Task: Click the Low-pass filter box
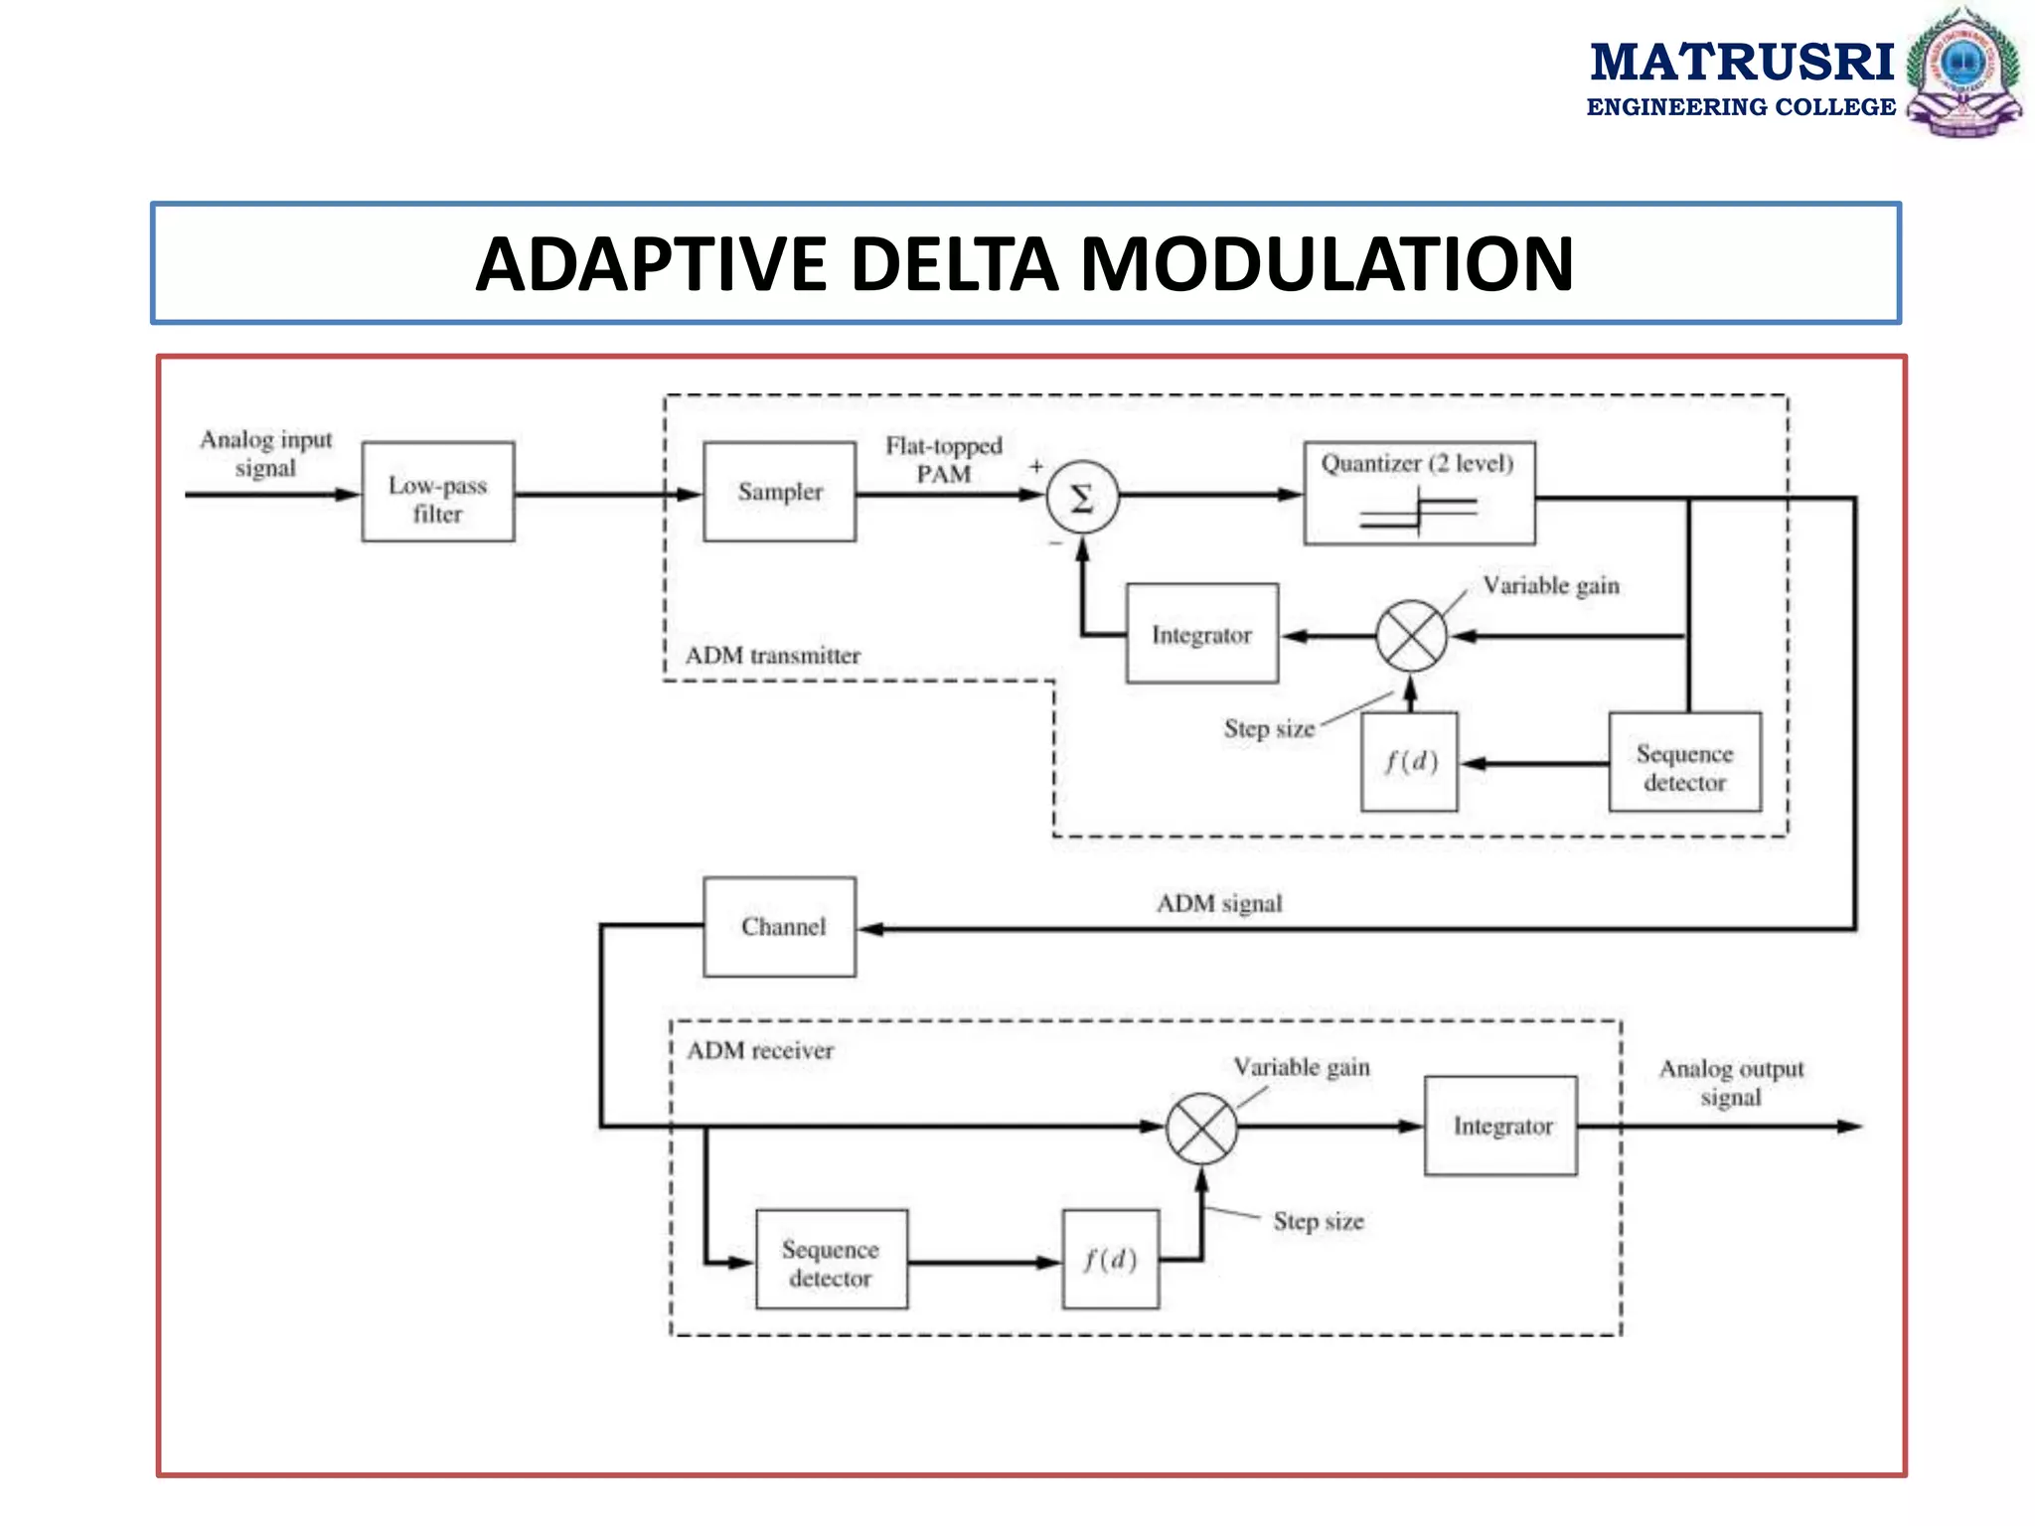pos(437,492)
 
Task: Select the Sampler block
pos(779,492)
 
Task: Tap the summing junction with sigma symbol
pos(1082,498)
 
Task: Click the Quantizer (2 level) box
pos(1419,494)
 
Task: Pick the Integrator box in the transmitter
pos(1201,634)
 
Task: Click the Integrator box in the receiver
pos(1500,1126)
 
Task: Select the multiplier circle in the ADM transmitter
pos(1411,636)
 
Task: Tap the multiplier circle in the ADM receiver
pos(1201,1128)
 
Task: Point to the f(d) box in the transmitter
pos(1409,762)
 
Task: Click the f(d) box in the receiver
pos(1110,1260)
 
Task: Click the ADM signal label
pos(1219,903)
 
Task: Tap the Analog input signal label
pos(265,453)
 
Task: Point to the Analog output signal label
pos(1731,1083)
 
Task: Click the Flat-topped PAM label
pos(944,459)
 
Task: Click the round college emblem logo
pos(1962,72)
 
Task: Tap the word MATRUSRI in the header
pos(1742,62)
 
